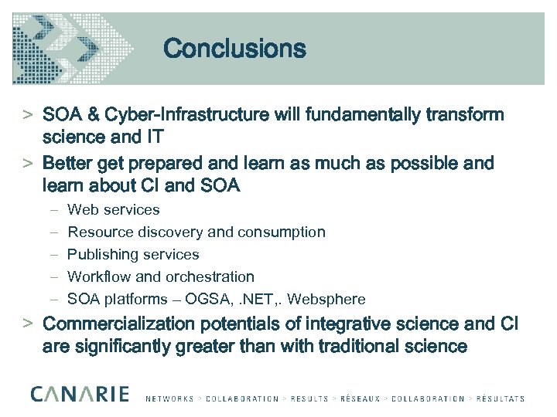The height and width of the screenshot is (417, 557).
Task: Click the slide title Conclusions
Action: tap(234, 49)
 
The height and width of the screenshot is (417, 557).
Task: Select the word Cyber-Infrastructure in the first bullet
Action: tap(186, 115)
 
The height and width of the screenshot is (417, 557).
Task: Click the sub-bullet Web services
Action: tap(114, 209)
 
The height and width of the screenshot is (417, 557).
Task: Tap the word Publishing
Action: tap(101, 254)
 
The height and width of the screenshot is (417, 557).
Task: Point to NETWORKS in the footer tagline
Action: tap(170, 399)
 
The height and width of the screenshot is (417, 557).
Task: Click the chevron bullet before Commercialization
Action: tap(26, 322)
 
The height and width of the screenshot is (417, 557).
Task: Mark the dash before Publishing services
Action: tap(51, 254)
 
